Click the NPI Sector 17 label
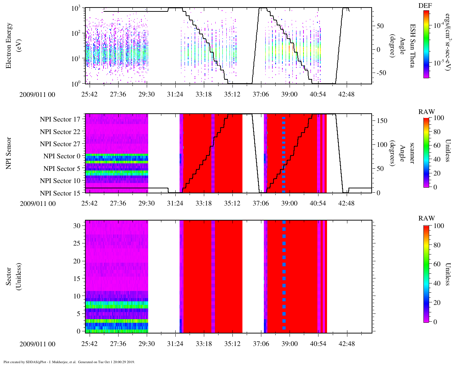click(x=60, y=119)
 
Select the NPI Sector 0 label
click(x=62, y=156)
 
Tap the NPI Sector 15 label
click(x=60, y=193)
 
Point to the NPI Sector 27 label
click(x=60, y=144)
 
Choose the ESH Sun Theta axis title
click(x=412, y=45)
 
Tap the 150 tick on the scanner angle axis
click(x=382, y=121)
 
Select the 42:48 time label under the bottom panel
click(x=347, y=344)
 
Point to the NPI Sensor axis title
click(x=9, y=153)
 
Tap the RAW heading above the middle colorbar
click(x=426, y=112)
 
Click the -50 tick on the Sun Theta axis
click(x=381, y=73)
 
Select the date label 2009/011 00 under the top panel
click(x=37, y=94)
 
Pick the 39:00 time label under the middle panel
click(x=289, y=203)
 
